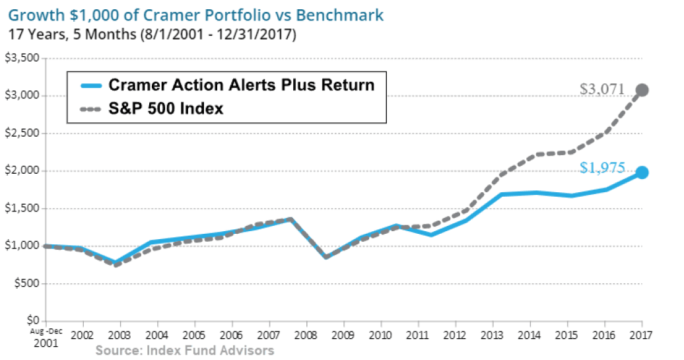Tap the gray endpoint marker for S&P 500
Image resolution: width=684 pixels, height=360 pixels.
tap(642, 90)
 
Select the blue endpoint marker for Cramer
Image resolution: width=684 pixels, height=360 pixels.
tap(642, 172)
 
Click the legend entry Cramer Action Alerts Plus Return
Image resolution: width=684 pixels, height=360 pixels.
tap(241, 85)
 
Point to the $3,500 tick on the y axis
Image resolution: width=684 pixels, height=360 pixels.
tap(21, 58)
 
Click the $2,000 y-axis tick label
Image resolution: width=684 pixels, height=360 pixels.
tap(21, 171)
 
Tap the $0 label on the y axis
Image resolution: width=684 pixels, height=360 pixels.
tap(30, 321)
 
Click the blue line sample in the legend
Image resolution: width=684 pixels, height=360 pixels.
tap(89, 85)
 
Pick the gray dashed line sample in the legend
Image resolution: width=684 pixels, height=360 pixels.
tap(89, 108)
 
